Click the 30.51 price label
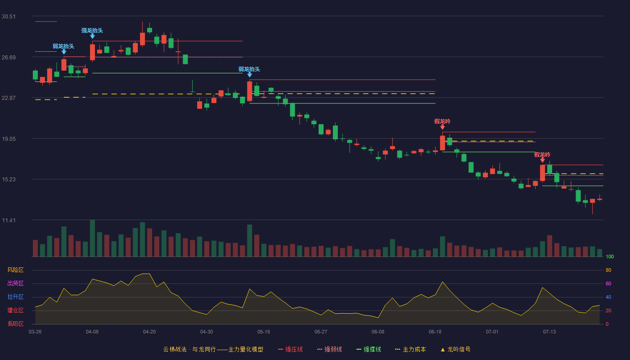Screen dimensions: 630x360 9,17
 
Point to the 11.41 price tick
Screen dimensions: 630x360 9,220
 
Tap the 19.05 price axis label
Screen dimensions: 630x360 9,139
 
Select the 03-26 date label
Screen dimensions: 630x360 35,332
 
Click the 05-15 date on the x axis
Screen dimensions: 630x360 264,332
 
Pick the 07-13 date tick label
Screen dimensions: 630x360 549,332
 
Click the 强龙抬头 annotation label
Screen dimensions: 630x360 92,31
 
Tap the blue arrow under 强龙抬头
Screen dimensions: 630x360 92,36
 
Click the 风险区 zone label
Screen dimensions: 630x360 15,270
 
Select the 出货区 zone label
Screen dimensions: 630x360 15,283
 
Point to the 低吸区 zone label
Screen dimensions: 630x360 15,324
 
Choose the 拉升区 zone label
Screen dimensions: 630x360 15,297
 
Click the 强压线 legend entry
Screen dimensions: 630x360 290,349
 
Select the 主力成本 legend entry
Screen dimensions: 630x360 410,349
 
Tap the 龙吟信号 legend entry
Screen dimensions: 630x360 455,349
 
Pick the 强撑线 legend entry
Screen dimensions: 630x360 369,349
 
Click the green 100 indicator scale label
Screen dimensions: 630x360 610,256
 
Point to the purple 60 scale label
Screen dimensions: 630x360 608,283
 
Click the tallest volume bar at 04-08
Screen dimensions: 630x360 92,238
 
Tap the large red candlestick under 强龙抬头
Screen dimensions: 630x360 92,52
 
